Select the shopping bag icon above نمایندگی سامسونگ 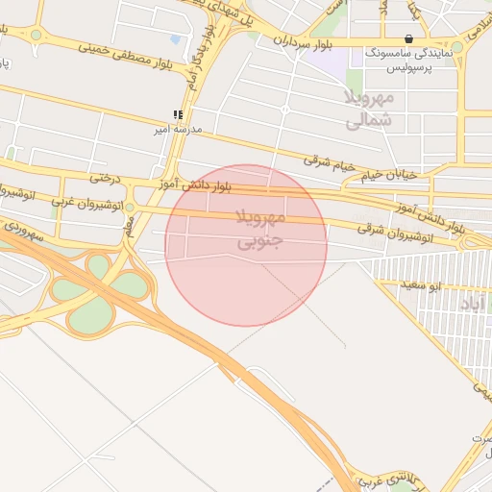point(409,39)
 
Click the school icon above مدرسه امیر point(177,114)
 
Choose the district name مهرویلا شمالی point(368,109)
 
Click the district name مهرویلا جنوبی point(259,227)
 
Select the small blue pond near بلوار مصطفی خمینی point(175,39)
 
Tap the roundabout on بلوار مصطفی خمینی point(36,35)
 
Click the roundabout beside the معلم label point(130,205)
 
